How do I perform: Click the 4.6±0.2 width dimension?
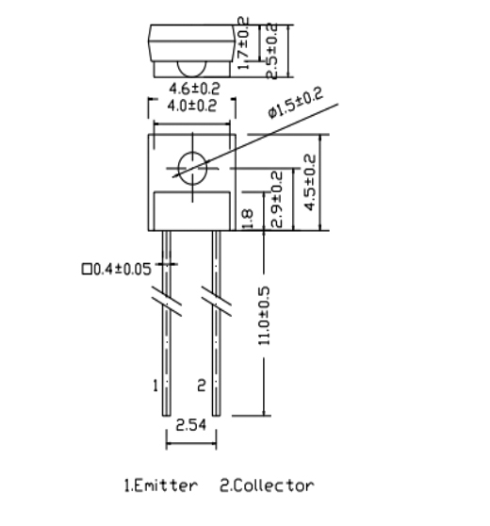(194, 89)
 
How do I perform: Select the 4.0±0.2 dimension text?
(192, 106)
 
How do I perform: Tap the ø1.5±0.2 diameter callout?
(295, 102)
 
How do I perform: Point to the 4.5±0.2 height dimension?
(310, 182)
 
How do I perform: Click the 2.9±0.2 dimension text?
(277, 199)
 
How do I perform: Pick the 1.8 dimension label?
(248, 220)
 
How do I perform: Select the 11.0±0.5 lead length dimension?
(264, 316)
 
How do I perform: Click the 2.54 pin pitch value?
(191, 425)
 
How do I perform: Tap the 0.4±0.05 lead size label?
(122, 269)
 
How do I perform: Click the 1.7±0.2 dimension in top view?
(243, 43)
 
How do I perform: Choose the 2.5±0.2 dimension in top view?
(271, 51)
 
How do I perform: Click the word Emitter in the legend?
(166, 485)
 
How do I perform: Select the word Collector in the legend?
(272, 485)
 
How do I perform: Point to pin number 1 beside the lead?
(155, 386)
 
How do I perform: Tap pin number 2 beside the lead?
(202, 386)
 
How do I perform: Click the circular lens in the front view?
(192, 168)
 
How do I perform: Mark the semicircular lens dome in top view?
(192, 69)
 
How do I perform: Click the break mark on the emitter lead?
(167, 301)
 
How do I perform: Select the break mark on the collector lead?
(217, 301)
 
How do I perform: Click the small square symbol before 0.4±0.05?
(87, 269)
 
